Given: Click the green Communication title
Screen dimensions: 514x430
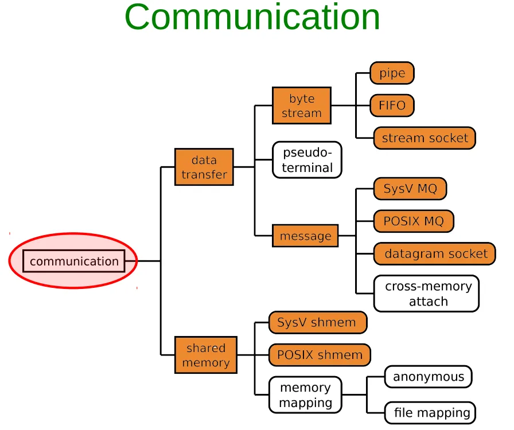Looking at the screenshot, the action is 252,17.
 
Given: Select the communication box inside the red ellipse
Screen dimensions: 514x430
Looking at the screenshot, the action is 74,261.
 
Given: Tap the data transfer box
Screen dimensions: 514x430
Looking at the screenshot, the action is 204,167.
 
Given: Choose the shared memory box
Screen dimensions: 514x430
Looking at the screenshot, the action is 206,355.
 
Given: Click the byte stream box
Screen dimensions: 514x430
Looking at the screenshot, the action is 302,105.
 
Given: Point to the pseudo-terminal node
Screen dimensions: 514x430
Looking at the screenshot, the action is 307,160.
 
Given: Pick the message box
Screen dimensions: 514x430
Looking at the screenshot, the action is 305,236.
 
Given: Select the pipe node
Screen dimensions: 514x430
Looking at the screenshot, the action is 392,73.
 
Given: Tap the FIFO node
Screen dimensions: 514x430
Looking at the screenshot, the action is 392,105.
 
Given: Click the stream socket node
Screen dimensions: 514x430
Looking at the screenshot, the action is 425,138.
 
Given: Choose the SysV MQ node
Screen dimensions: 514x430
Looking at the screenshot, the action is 410,189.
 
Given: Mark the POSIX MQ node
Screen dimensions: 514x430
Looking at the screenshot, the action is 414,221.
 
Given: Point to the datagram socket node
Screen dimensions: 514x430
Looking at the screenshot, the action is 435,253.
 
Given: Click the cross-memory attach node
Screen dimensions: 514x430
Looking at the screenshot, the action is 426,294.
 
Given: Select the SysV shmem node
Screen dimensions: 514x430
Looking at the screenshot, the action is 318,322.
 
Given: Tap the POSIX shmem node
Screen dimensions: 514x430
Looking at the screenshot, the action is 320,355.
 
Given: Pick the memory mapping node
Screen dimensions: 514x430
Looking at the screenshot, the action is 305,395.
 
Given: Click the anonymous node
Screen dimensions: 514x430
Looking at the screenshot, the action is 429,377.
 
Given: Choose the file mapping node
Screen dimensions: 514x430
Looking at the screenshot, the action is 430,413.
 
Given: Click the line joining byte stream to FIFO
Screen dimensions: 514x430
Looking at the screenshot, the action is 351,105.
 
